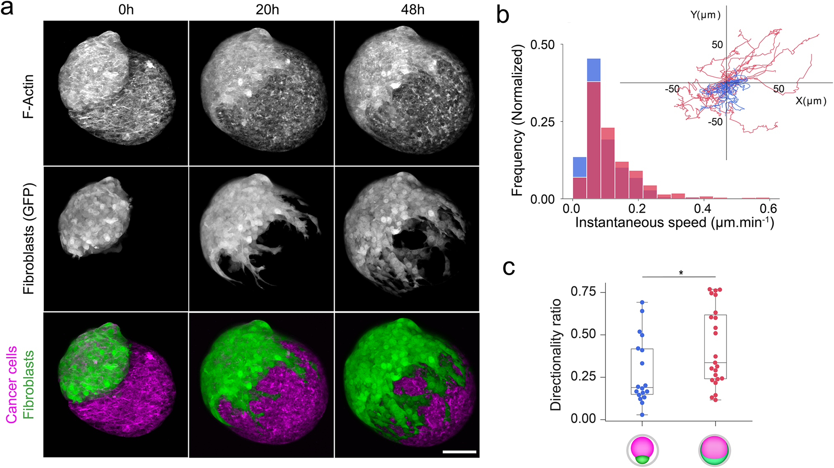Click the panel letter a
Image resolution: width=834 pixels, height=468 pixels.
(x=7, y=8)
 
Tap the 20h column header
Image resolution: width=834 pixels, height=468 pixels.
(x=267, y=9)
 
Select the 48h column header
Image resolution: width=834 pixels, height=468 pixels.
(x=412, y=9)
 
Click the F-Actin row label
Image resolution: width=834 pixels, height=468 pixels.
(x=28, y=96)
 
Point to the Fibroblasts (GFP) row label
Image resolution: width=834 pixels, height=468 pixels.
(x=28, y=238)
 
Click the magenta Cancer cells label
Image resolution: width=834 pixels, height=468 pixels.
(x=11, y=385)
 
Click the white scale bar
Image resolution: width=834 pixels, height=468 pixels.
(x=459, y=452)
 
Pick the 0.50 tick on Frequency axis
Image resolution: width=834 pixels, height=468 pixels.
(x=542, y=45)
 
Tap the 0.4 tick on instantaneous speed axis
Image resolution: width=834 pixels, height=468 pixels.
(x=703, y=208)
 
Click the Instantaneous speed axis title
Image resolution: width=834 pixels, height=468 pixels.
(x=674, y=223)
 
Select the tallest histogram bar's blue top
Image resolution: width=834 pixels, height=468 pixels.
(x=593, y=70)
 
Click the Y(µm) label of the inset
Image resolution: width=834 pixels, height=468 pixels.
(x=706, y=15)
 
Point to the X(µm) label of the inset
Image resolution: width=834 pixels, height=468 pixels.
(x=811, y=101)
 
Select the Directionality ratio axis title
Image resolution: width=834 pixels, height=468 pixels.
(x=556, y=354)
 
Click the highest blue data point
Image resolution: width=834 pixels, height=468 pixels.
(x=642, y=302)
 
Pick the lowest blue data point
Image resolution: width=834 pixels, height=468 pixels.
(x=642, y=415)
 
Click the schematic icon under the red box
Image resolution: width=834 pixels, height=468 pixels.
(x=715, y=451)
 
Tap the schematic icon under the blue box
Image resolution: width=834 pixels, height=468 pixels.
(x=642, y=451)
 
